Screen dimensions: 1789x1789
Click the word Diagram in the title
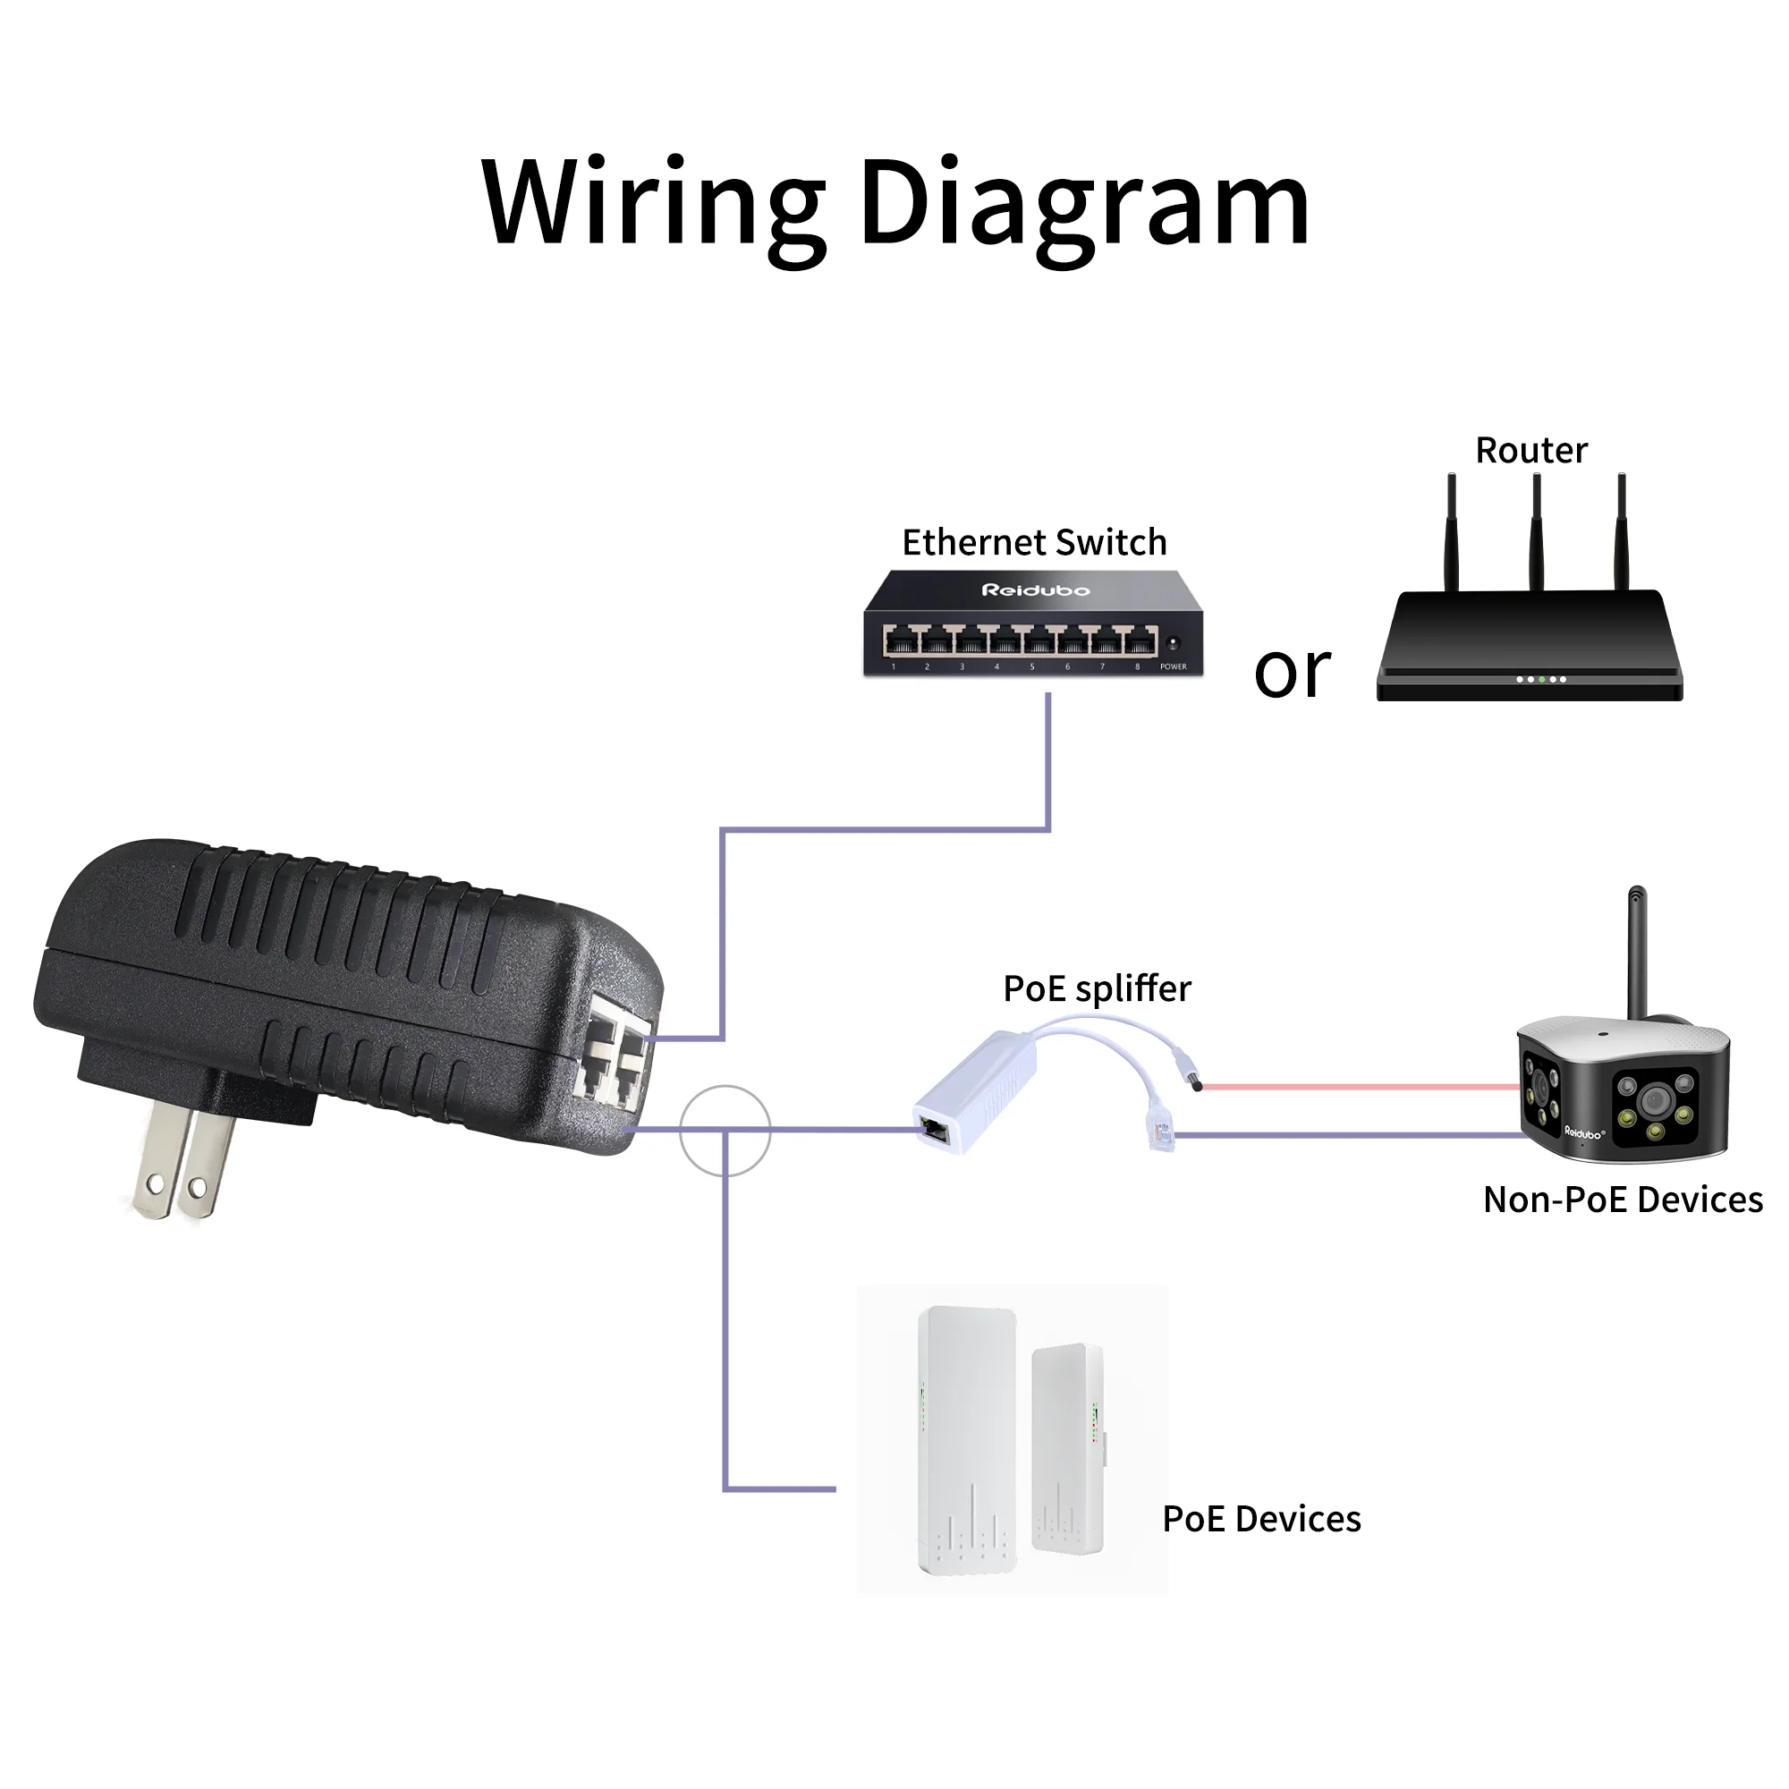[1083, 204]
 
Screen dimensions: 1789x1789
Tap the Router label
[1530, 451]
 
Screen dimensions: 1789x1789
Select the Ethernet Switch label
[1034, 543]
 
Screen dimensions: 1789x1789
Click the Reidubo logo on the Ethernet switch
[1035, 589]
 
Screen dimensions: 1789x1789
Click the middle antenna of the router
[1536, 532]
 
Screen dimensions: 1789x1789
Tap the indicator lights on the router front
[1541, 680]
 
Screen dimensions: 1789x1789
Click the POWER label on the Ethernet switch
[1174, 666]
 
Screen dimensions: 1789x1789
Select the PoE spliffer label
[1098, 989]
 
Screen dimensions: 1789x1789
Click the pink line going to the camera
[1361, 1087]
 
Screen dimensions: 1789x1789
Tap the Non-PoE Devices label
[1623, 1200]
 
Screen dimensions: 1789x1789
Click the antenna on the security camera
[1637, 954]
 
